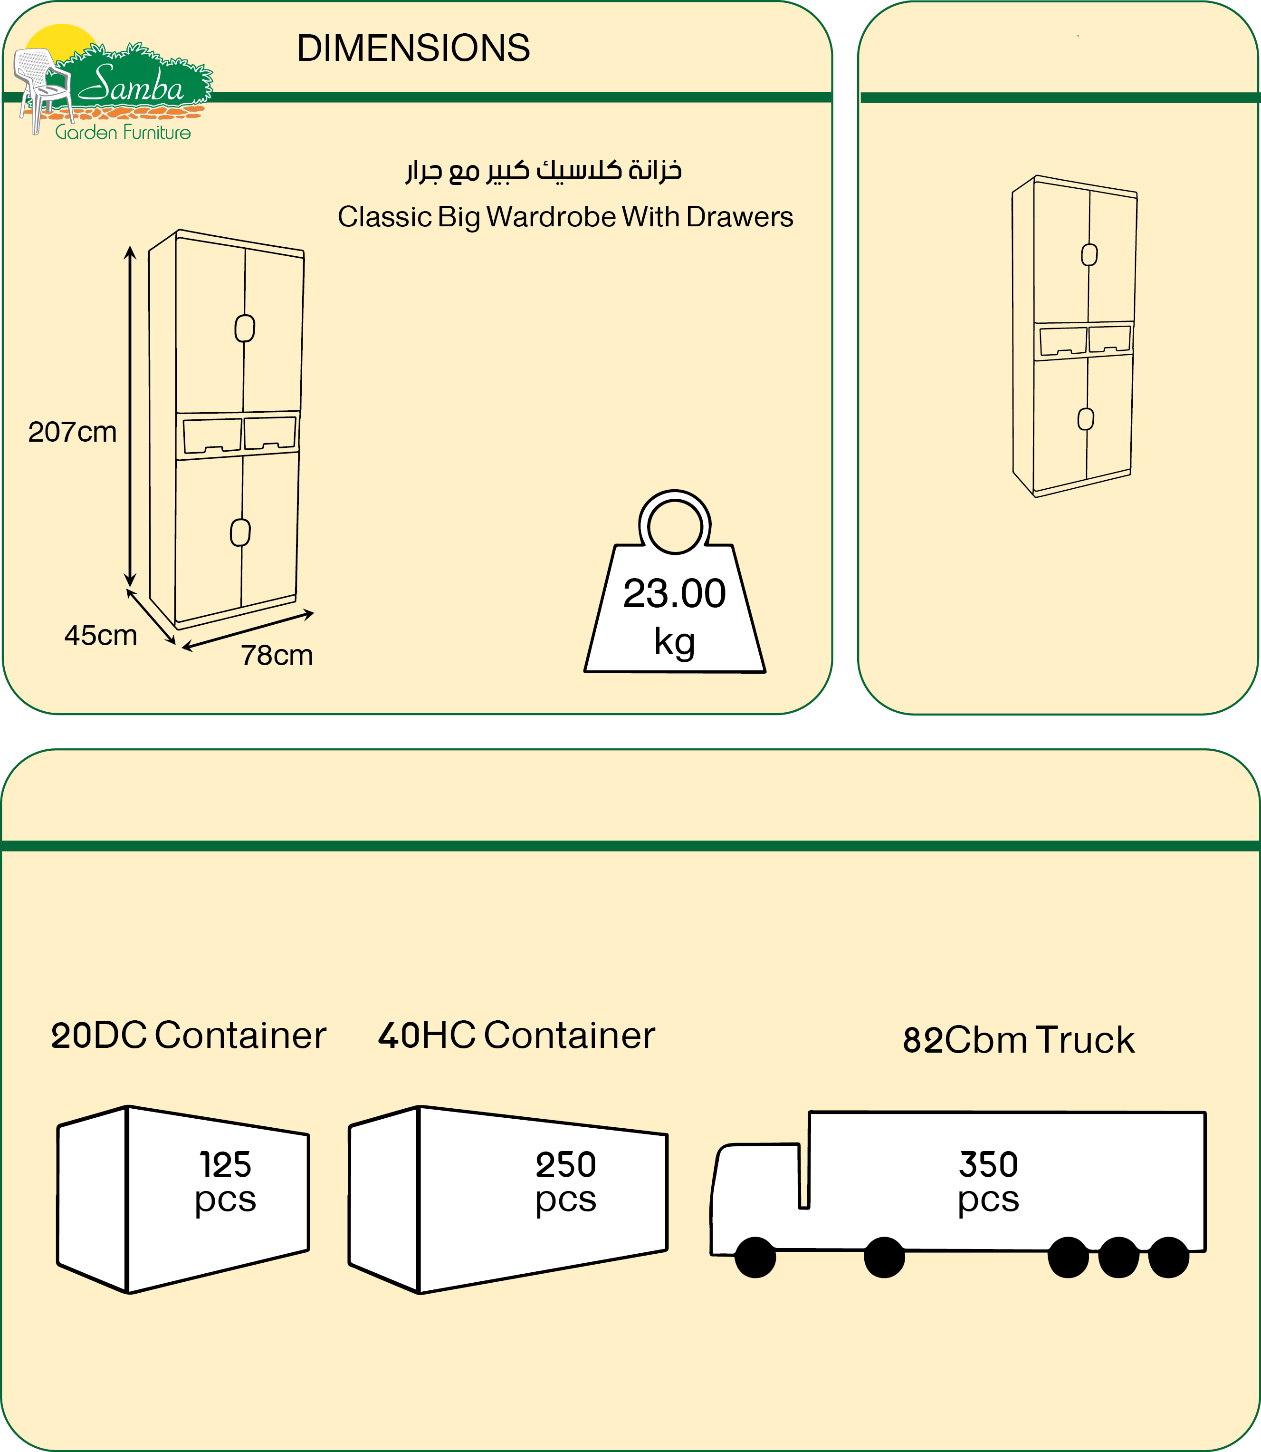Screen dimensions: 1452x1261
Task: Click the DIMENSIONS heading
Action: [x=413, y=48]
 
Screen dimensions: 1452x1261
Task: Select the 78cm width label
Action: [x=277, y=655]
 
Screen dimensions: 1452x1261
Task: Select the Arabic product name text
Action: [x=543, y=170]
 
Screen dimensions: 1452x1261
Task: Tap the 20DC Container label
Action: [x=189, y=1035]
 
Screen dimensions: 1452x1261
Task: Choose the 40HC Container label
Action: [x=516, y=1035]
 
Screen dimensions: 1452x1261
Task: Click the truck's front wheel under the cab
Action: [x=755, y=1257]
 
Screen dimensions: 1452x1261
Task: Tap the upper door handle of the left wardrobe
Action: [x=244, y=328]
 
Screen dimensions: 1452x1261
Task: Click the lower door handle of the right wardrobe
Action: [x=1086, y=419]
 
